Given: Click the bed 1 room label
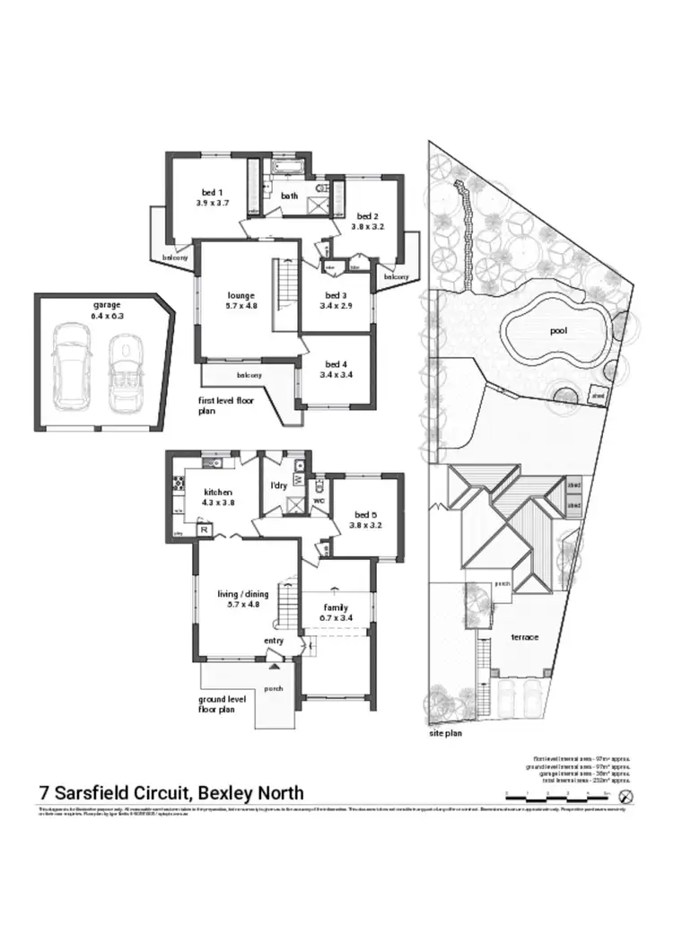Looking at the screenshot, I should [213, 192].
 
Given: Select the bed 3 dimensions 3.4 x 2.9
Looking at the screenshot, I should [335, 306].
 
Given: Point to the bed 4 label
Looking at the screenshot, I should [335, 363].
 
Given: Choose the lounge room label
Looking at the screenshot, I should [240, 295].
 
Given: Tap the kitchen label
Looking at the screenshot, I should [218, 493].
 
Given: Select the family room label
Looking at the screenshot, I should [336, 607].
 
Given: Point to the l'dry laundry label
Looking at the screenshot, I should [277, 485].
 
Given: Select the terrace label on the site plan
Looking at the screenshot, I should [524, 637].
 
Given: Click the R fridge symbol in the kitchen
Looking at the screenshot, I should [205, 530].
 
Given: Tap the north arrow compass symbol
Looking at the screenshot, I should [625, 796].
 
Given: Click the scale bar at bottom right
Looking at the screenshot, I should [556, 796].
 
